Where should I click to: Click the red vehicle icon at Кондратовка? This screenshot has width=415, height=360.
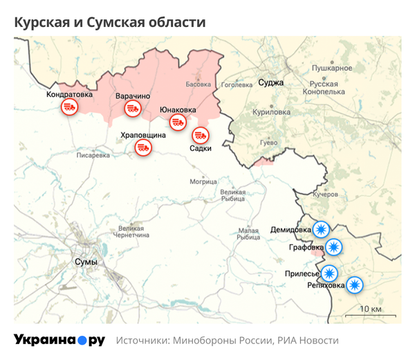pyautogui.click(x=68, y=107)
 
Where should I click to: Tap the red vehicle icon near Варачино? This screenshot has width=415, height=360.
pyautogui.click(x=132, y=108)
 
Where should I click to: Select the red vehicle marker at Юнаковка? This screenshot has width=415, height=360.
pyautogui.click(x=178, y=122)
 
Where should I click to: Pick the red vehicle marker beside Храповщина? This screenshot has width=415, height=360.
pyautogui.click(x=144, y=147)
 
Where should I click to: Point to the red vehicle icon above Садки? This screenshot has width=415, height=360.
pyautogui.click(x=201, y=135)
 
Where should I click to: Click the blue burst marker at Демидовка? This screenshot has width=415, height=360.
pyautogui.click(x=320, y=229)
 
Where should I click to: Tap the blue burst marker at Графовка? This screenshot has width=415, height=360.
pyautogui.click(x=333, y=246)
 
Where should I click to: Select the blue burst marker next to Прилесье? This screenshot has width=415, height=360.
pyautogui.click(x=330, y=273)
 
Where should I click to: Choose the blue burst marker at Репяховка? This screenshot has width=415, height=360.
pyautogui.click(x=354, y=284)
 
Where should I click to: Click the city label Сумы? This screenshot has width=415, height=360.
pyautogui.click(x=86, y=262)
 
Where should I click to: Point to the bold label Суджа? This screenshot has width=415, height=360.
pyautogui.click(x=270, y=82)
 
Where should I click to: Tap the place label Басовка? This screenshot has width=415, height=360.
pyautogui.click(x=199, y=85)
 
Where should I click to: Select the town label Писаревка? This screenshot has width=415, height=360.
pyautogui.click(x=93, y=156)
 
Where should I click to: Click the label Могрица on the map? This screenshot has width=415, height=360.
pyautogui.click(x=203, y=182)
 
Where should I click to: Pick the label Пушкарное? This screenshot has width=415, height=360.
pyautogui.click(x=332, y=68)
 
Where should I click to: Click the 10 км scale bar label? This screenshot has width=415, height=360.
pyautogui.click(x=371, y=307)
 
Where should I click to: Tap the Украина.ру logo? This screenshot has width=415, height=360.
pyautogui.click(x=59, y=340)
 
